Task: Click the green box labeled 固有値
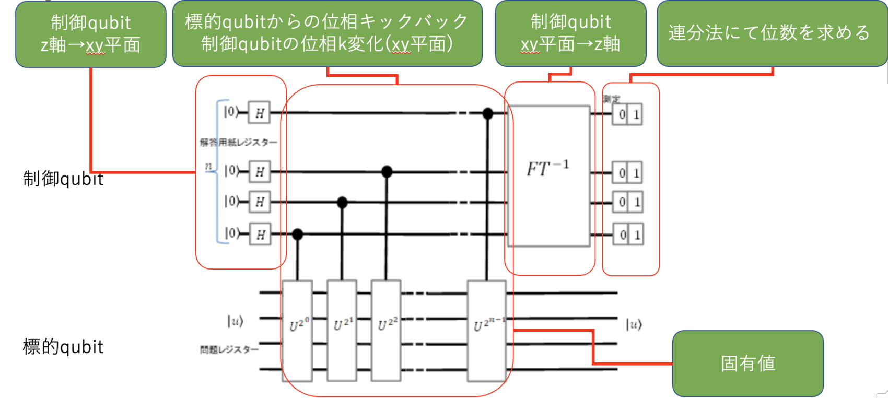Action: [x=747, y=364]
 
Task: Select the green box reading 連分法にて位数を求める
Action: [x=771, y=33]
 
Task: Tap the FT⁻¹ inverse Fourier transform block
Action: [x=548, y=175]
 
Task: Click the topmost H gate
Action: [x=259, y=113]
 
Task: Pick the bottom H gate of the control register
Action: [x=260, y=235]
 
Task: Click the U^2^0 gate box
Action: [x=297, y=330]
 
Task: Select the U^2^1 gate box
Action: [x=342, y=330]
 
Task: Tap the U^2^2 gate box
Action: [x=386, y=330]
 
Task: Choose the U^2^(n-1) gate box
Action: [x=486, y=330]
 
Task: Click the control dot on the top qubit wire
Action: [x=487, y=113]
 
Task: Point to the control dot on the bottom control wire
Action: [x=297, y=235]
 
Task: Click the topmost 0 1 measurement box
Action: [x=628, y=115]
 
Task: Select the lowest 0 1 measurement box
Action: [x=628, y=235]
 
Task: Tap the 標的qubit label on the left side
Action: [x=63, y=347]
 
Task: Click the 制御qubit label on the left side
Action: [x=63, y=179]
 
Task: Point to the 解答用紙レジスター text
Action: [x=238, y=142]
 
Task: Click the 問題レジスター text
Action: [x=229, y=349]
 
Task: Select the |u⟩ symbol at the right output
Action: [x=634, y=325]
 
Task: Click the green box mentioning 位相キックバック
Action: [x=327, y=33]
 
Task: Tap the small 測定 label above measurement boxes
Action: [x=611, y=99]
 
